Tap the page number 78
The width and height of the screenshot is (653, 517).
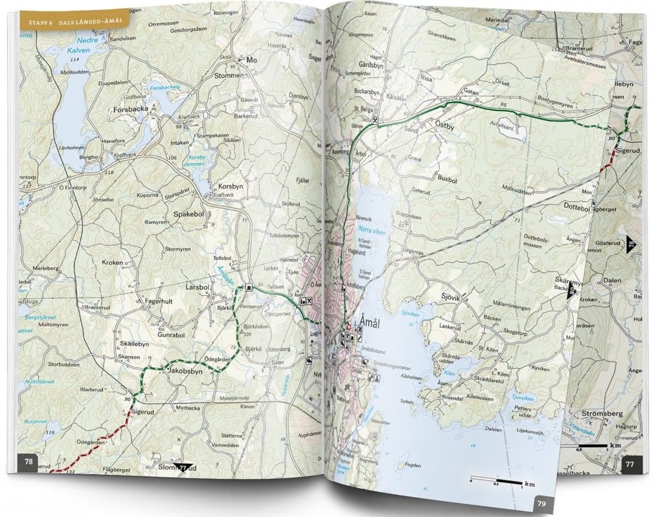pyautogui.click(x=29, y=462)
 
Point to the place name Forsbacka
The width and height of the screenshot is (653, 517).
pyautogui.click(x=131, y=109)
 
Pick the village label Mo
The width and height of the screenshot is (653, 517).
pyautogui.click(x=252, y=60)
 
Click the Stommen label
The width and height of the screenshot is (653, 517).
pyautogui.click(x=228, y=75)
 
